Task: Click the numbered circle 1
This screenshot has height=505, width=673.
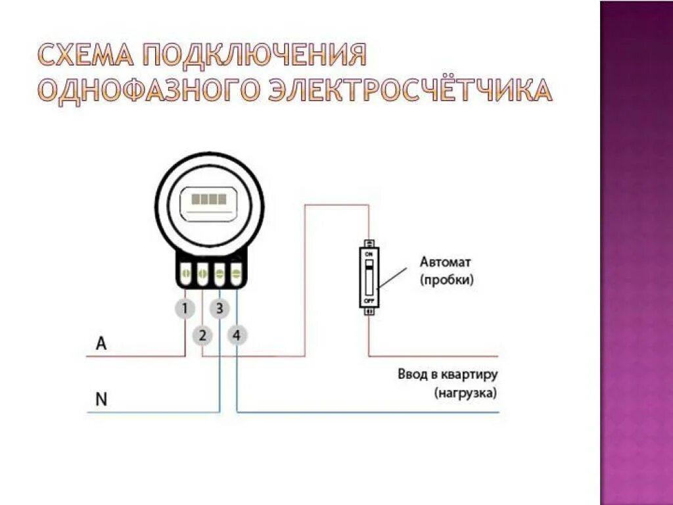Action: coord(185,308)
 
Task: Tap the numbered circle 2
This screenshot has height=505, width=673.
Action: coord(202,335)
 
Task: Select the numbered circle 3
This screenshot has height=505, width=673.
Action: coord(220,308)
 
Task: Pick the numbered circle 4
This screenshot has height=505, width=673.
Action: coord(237,335)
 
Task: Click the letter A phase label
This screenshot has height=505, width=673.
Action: coord(101,343)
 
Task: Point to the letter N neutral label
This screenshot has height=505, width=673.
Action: coord(101,399)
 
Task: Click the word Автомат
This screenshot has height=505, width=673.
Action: coord(446,262)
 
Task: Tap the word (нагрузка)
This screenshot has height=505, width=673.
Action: coord(465,393)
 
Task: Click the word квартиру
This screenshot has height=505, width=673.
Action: coord(471,375)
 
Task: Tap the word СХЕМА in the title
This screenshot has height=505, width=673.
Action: coord(85,56)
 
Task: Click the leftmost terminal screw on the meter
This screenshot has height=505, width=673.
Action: coord(186,272)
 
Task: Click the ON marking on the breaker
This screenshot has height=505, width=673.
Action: coord(369,253)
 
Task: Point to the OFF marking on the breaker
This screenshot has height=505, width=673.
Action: coord(369,299)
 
